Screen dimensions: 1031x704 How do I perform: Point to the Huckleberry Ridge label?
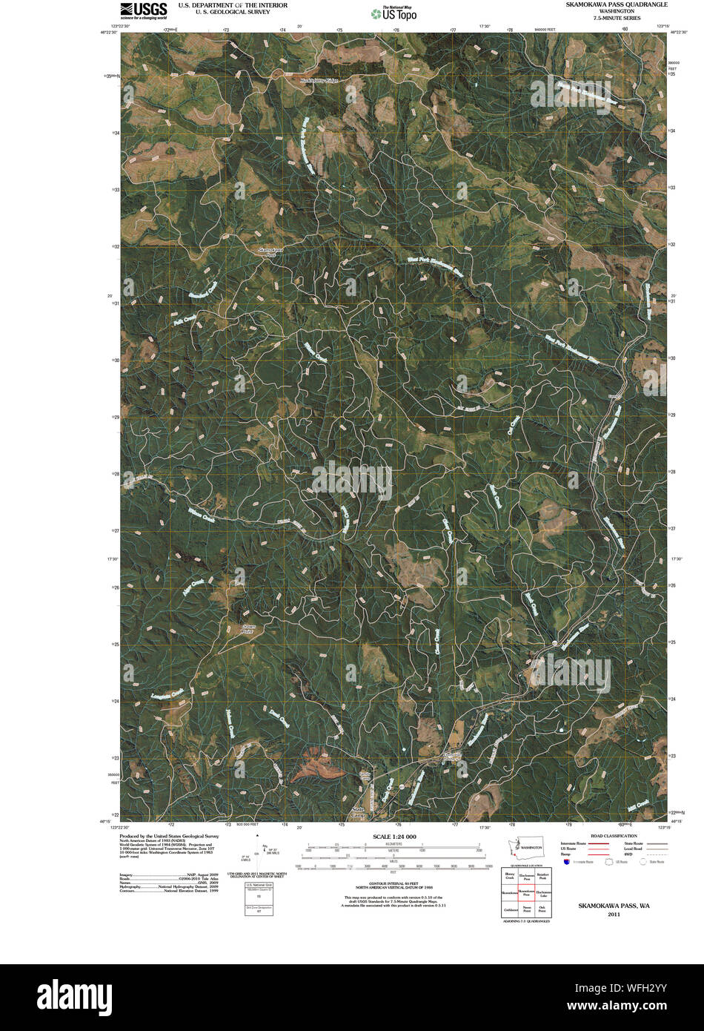(319, 80)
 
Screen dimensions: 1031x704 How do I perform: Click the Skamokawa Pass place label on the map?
(270, 252)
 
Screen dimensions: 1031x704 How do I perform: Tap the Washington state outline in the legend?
(531, 846)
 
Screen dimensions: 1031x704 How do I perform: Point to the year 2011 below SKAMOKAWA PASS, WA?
(614, 915)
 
